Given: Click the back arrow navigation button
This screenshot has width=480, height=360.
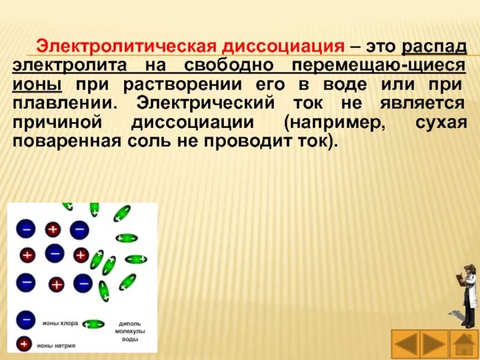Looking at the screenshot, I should coord(406,345).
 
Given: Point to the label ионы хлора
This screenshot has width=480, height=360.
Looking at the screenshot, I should coord(59,323).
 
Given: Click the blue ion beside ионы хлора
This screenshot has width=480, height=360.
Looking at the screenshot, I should coord(26,320).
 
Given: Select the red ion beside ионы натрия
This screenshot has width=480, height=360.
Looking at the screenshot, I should coord(25,344).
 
